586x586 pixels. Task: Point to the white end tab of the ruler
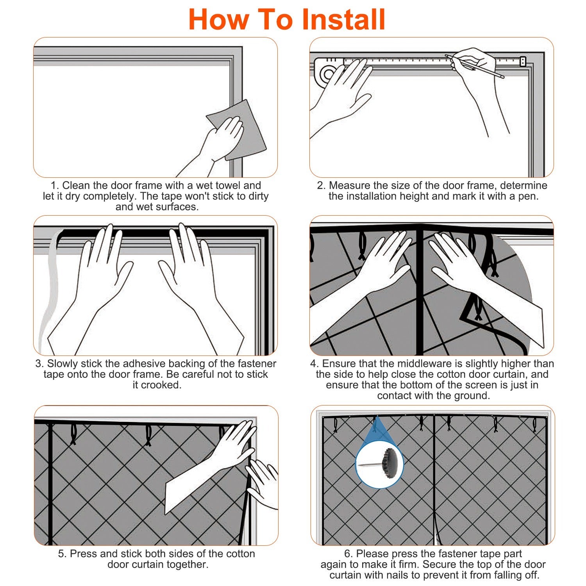522,61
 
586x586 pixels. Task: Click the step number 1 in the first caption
54,186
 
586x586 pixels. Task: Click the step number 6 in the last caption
347,554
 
